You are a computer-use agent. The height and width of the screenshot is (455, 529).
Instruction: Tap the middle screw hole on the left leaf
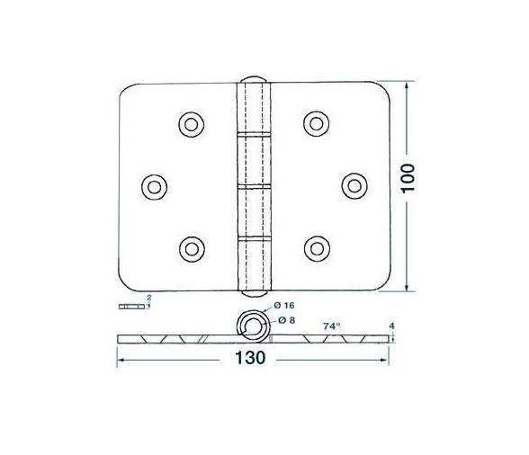pyautogui.click(x=155, y=185)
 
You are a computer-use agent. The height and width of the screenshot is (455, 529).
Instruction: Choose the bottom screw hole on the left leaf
pyautogui.click(x=191, y=247)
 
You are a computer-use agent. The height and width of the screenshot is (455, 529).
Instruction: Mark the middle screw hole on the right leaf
pyautogui.click(x=353, y=185)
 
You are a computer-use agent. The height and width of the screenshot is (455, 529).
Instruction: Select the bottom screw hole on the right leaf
pyautogui.click(x=315, y=247)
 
